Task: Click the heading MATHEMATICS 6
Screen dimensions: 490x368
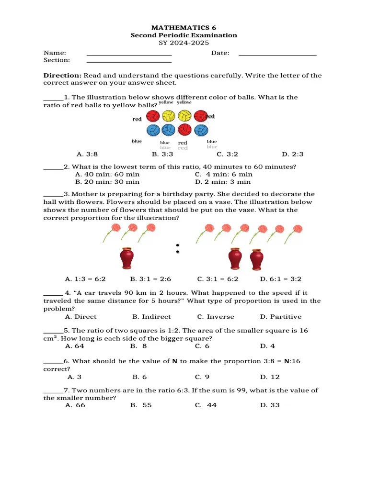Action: pyautogui.click(x=184, y=28)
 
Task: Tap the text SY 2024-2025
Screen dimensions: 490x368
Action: pyautogui.click(x=184, y=43)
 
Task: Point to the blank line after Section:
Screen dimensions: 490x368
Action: pyautogui.click(x=129, y=62)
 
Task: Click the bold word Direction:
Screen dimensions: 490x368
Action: pyautogui.click(x=62, y=76)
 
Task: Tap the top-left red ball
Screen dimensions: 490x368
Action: pyautogui.click(x=152, y=116)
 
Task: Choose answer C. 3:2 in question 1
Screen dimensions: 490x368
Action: pyautogui.click(x=228, y=154)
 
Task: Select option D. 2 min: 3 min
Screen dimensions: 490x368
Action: pyautogui.click(x=223, y=182)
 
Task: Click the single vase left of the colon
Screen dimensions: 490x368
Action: pyautogui.click(x=126, y=258)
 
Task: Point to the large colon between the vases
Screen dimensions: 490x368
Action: pyautogui.click(x=178, y=247)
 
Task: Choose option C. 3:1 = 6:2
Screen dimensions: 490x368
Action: pyautogui.click(x=218, y=279)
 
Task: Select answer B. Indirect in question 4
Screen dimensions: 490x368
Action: pyautogui.click(x=151, y=317)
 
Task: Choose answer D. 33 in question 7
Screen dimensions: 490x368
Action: pyautogui.click(x=270, y=405)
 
